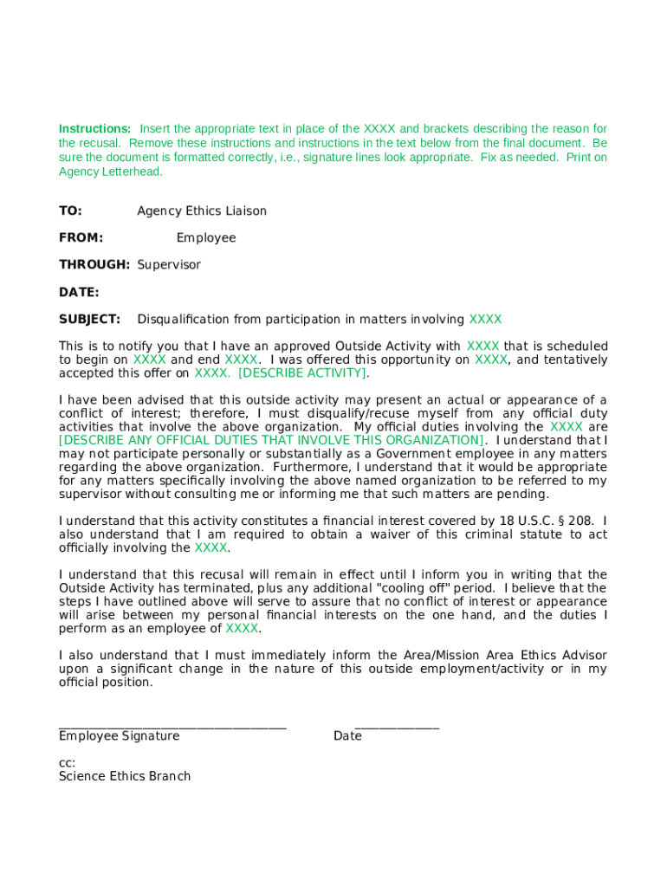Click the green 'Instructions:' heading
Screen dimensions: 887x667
(x=94, y=129)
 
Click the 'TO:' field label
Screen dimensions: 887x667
(x=70, y=211)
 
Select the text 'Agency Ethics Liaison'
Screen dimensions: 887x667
(x=202, y=211)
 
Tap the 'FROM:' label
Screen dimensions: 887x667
(x=81, y=238)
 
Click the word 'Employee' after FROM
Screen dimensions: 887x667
(x=206, y=238)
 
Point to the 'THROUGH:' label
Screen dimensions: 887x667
(x=94, y=265)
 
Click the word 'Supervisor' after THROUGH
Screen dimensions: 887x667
(x=169, y=265)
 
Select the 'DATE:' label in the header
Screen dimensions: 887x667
(x=79, y=293)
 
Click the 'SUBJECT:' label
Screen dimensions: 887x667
(x=89, y=320)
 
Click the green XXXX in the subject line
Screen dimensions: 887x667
(x=485, y=320)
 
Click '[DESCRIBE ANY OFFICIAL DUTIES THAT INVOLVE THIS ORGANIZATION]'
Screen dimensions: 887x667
(x=271, y=441)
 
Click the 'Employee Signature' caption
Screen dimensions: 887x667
(x=120, y=736)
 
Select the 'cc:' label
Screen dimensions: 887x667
(x=67, y=763)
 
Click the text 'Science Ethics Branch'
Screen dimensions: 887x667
(x=125, y=777)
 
